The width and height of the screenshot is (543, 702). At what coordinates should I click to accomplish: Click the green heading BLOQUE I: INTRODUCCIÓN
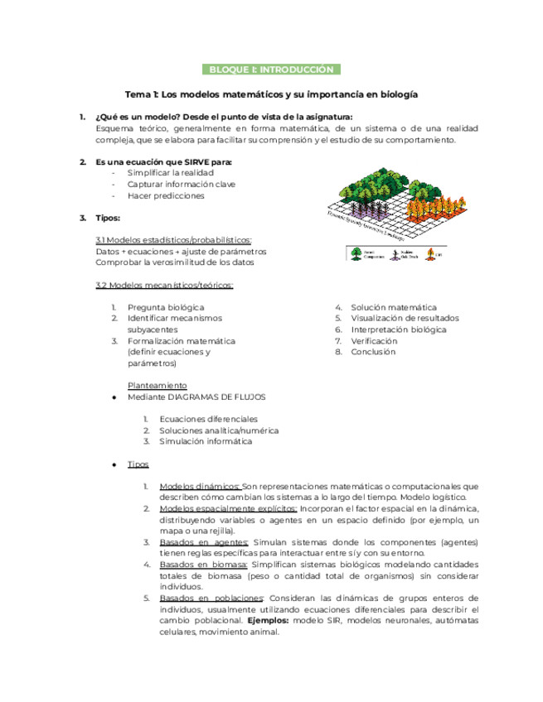pyautogui.click(x=271, y=70)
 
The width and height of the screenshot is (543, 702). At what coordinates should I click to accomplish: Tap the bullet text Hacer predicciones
pyautogui.click(x=166, y=196)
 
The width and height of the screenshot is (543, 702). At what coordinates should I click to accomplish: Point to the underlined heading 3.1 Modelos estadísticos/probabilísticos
pyautogui.click(x=174, y=240)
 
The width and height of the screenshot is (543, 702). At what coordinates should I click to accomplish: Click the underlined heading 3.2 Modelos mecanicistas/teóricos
pyautogui.click(x=164, y=286)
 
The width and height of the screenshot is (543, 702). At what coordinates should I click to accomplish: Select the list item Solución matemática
pyautogui.click(x=394, y=307)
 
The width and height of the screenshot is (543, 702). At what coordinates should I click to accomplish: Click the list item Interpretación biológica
pyautogui.click(x=398, y=329)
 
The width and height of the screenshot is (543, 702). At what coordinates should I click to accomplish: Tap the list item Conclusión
pyautogui.click(x=373, y=352)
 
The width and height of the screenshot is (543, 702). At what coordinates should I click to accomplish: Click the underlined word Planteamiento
pyautogui.click(x=158, y=386)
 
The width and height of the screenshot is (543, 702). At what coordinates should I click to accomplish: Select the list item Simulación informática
pyautogui.click(x=205, y=442)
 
